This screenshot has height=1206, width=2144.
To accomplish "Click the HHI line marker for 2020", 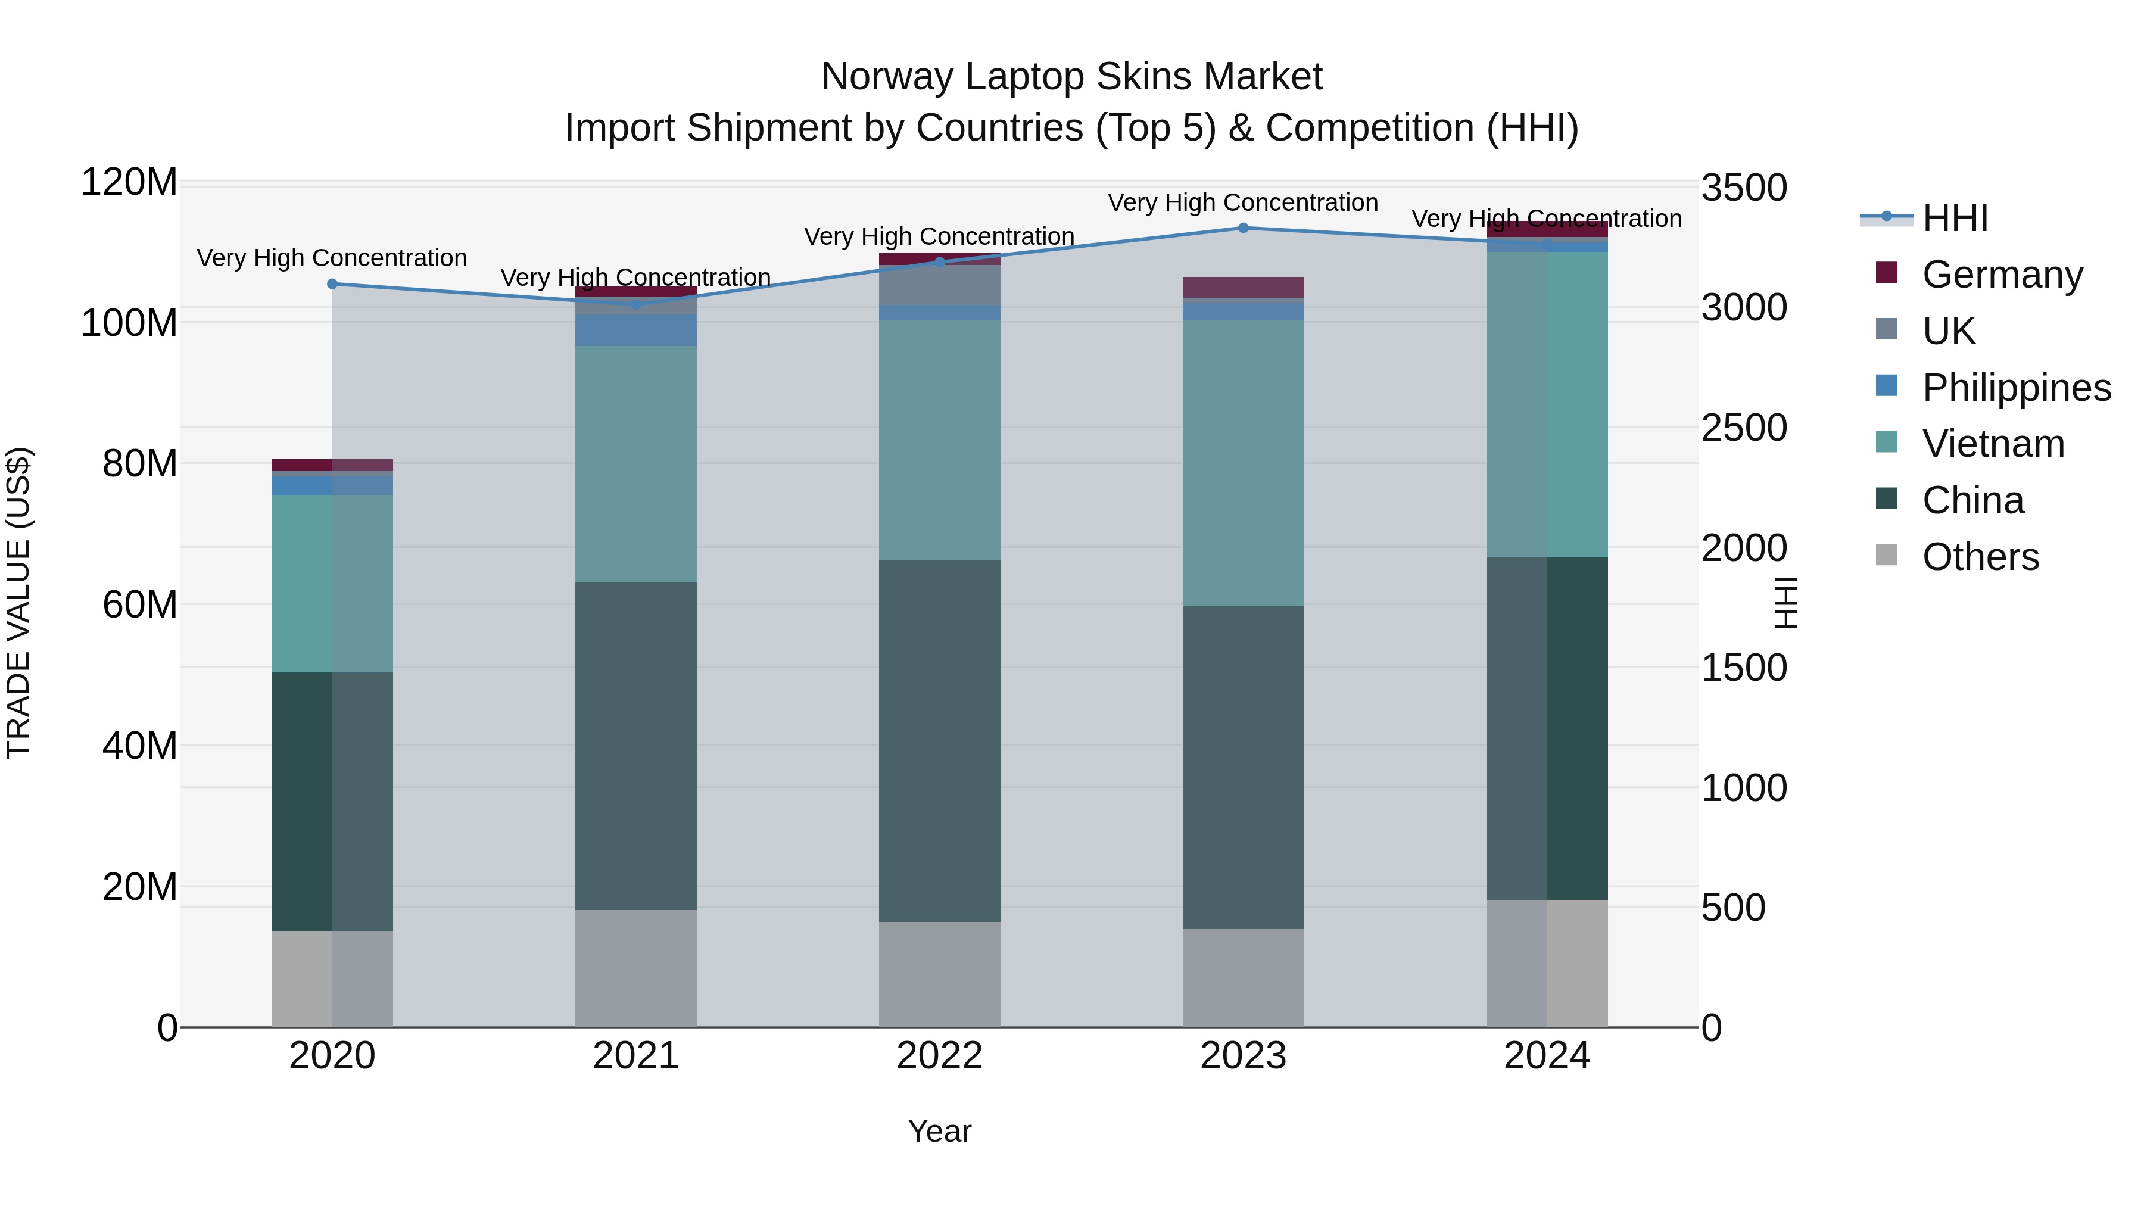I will pyautogui.click(x=332, y=284).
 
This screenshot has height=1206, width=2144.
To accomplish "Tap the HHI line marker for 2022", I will pyautogui.click(x=940, y=262).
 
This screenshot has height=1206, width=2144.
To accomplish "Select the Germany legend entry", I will pyautogui.click(x=2002, y=275).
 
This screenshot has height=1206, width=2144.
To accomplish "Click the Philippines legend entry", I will pyautogui.click(x=2016, y=388).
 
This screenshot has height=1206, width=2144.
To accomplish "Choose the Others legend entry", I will pyautogui.click(x=1980, y=557).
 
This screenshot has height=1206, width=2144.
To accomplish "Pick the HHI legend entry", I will pyautogui.click(x=1954, y=218).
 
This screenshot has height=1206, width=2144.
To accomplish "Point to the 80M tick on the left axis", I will pyautogui.click(x=139, y=463).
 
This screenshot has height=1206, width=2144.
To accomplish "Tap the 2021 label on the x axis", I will pyautogui.click(x=636, y=1056).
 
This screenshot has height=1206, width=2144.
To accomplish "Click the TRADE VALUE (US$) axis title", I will pyautogui.click(x=18, y=603).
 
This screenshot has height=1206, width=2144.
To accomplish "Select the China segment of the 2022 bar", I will pyautogui.click(x=940, y=741).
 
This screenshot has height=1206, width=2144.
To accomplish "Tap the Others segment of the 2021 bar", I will pyautogui.click(x=636, y=968).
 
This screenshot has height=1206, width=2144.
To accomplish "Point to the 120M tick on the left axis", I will pyautogui.click(x=129, y=182).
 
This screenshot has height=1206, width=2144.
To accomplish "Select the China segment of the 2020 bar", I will pyautogui.click(x=332, y=802).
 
